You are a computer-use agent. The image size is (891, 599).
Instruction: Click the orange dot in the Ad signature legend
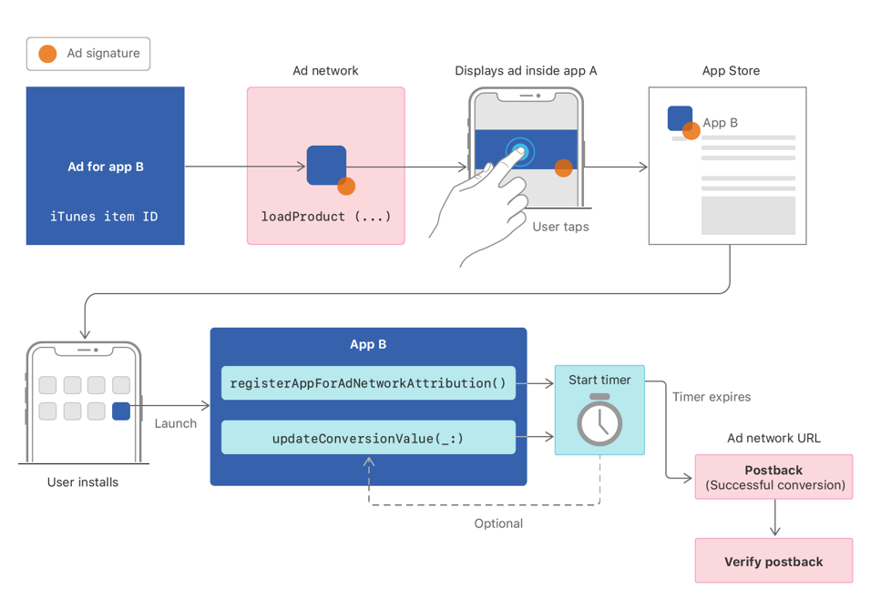47,55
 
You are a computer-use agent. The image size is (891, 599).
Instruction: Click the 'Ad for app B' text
106,167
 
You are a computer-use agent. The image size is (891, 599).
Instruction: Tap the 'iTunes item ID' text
104,217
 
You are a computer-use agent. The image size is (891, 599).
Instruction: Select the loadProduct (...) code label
326,217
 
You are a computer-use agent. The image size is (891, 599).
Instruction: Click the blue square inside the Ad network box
325,165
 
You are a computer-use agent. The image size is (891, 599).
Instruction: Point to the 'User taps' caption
560,227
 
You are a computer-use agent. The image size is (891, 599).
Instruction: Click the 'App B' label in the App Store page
721,123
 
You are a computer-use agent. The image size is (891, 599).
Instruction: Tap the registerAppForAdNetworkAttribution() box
368,383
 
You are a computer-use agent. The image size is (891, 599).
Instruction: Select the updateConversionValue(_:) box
368,438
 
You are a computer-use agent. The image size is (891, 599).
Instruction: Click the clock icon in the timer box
599,421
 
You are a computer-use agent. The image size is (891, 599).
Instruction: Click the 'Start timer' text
599,380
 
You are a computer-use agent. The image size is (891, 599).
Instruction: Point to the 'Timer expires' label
712,397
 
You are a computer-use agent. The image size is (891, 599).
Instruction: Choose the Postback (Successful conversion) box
773,477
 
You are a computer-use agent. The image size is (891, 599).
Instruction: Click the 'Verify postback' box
773,562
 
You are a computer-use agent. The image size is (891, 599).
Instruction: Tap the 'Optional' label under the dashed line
498,523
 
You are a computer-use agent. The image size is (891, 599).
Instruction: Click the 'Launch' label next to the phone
176,423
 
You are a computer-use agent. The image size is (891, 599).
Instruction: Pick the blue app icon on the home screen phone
121,411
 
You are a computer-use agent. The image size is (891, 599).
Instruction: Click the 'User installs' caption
83,482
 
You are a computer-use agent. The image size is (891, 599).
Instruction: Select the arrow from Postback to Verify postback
774,518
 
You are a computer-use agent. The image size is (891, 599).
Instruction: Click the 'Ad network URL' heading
773,438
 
